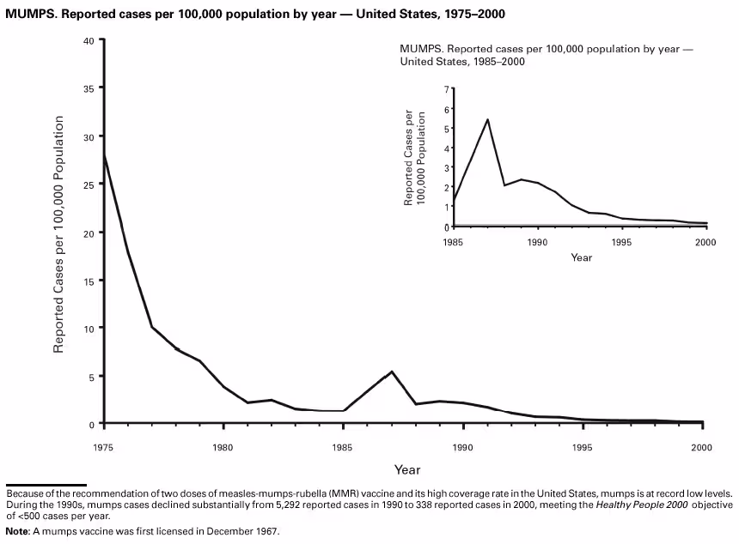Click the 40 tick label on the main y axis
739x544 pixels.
pyautogui.click(x=89, y=40)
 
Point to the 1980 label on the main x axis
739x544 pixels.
pyautogui.click(x=223, y=447)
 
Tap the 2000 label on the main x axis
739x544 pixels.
pyautogui.click(x=702, y=447)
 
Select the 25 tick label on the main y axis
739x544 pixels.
pyautogui.click(x=89, y=184)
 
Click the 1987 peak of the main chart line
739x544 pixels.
pyautogui.click(x=392, y=372)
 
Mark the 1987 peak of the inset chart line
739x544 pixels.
pyautogui.click(x=487, y=119)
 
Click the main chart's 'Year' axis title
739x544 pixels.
pyautogui.click(x=407, y=469)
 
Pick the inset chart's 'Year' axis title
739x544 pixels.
pyautogui.click(x=582, y=257)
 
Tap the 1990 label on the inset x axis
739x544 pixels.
pyautogui.click(x=537, y=242)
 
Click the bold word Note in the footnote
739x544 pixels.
pyautogui.click(x=18, y=531)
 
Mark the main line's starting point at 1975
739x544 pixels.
pyautogui.click(x=103, y=155)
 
